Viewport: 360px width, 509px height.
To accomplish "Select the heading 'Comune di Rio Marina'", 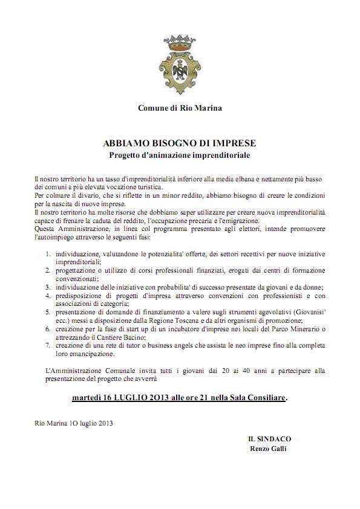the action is click(x=180, y=108).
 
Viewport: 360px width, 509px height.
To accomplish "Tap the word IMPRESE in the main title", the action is click(x=232, y=143).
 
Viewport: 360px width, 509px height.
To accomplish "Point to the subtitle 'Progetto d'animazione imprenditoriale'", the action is click(x=180, y=155).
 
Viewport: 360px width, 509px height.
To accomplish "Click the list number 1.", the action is click(x=48, y=248).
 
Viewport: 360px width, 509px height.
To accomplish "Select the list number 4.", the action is click(x=48, y=296).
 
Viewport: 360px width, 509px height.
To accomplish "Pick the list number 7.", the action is click(x=48, y=345).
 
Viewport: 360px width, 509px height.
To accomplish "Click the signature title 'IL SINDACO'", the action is click(x=269, y=439).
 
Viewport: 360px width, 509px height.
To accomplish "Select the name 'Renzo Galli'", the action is click(x=269, y=449).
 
